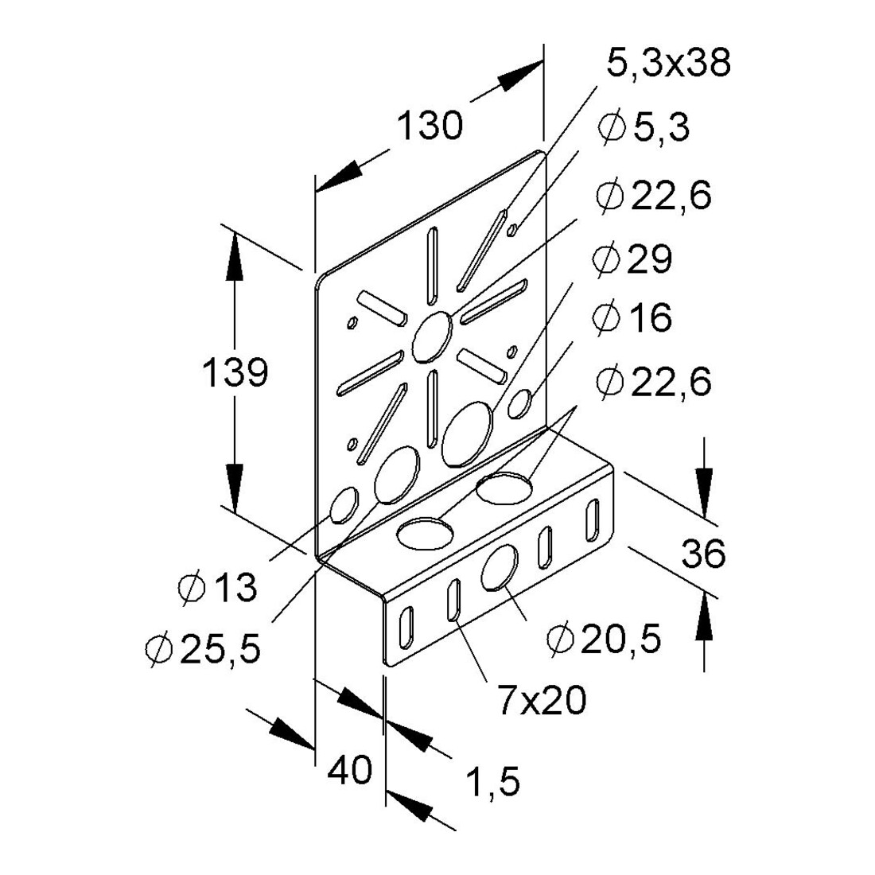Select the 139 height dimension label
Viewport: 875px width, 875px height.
235,373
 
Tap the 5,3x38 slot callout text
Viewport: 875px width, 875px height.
668,63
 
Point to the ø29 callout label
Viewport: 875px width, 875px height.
633,259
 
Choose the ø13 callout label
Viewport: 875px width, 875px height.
218,587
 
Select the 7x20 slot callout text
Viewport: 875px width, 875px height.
542,700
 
